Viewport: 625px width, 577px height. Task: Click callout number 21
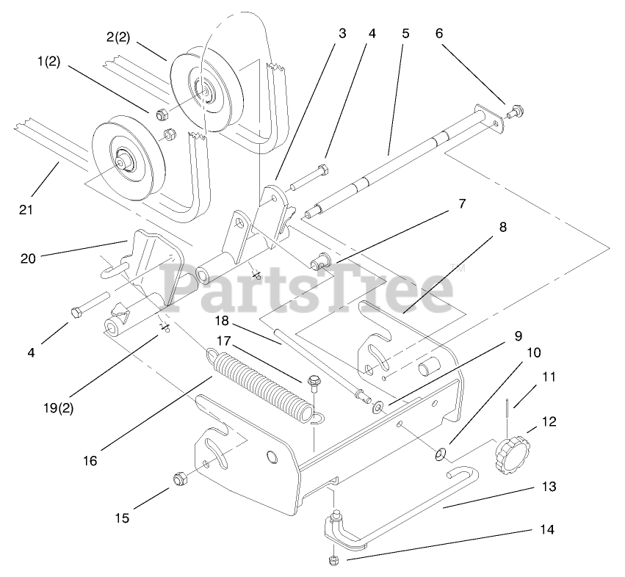click(x=26, y=209)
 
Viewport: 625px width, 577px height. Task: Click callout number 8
click(x=502, y=228)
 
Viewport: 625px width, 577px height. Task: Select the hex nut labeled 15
click(x=178, y=479)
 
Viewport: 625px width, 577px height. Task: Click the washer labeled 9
click(x=377, y=407)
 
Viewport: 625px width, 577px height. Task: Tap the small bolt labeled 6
click(x=516, y=112)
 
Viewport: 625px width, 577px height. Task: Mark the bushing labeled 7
click(x=320, y=261)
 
